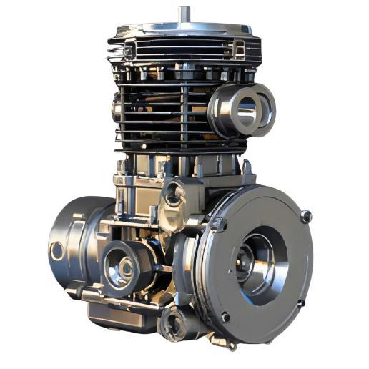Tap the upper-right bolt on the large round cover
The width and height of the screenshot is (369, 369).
(x=306, y=216)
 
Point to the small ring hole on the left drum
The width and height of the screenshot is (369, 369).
(x=56, y=251)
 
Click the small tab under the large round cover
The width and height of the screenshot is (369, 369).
(x=230, y=344)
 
